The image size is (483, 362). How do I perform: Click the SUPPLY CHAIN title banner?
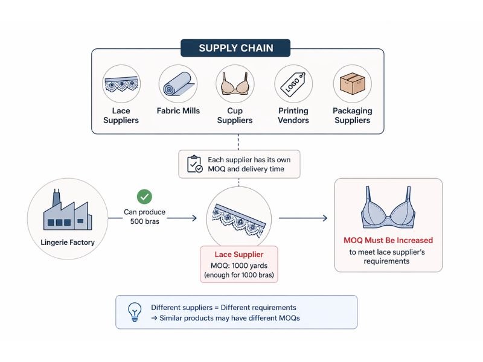click(x=236, y=48)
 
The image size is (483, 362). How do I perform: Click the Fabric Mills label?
click(x=178, y=111)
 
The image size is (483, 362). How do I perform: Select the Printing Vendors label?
click(x=293, y=115)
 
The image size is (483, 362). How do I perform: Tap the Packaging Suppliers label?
click(x=352, y=115)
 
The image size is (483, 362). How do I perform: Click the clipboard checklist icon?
click(x=194, y=164)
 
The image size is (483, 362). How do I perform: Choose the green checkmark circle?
click(x=144, y=196)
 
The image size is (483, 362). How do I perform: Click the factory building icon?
click(x=60, y=212)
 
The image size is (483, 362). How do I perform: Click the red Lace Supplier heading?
click(x=239, y=255)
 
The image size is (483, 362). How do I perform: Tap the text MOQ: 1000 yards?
click(x=239, y=265)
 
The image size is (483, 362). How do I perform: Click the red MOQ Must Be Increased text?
click(x=388, y=240)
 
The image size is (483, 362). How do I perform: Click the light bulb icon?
click(x=133, y=312)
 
